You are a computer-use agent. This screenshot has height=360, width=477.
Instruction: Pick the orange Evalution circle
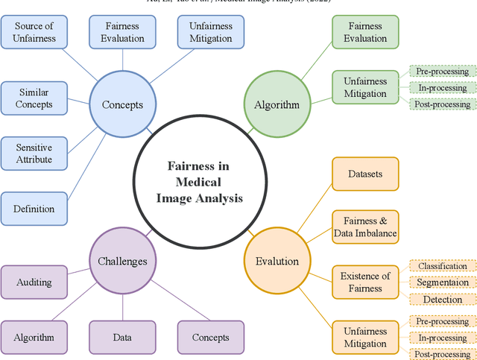pos(277,261)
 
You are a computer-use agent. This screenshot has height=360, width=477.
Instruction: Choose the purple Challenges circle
pos(123,261)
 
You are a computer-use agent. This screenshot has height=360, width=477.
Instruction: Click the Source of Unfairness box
pos(34,32)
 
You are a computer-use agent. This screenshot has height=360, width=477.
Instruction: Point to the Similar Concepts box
pos(34,97)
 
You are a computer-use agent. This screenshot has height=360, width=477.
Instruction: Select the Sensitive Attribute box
pos(34,153)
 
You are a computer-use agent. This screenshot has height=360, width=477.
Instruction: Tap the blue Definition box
pos(34,209)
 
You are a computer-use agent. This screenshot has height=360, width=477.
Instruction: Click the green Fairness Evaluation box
pos(365,32)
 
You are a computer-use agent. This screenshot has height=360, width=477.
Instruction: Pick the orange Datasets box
pos(365,174)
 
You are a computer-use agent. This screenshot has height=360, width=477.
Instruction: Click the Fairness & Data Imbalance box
pos(365,227)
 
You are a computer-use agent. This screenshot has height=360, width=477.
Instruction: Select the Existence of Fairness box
pos(365,282)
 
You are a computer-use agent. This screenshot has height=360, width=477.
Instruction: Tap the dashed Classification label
pos(443,266)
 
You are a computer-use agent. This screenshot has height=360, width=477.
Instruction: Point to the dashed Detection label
pos(443,299)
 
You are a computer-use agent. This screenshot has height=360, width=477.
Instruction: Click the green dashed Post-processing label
pos(443,104)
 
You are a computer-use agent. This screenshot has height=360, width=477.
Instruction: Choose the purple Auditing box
pos(34,282)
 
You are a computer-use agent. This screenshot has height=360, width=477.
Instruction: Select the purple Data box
pos(122,337)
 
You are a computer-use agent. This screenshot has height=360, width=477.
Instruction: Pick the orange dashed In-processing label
pos(443,337)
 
